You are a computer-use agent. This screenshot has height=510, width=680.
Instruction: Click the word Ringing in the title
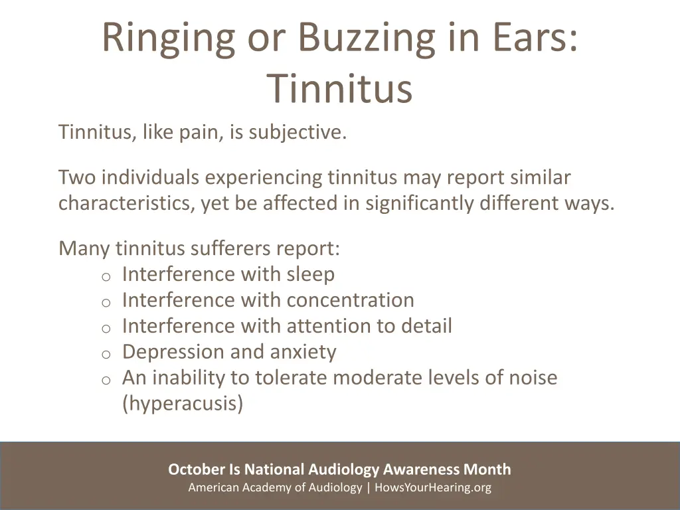point(167,38)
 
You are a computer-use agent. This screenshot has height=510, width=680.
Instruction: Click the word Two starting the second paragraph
point(77,178)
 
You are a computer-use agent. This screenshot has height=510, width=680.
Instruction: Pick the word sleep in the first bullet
point(311,274)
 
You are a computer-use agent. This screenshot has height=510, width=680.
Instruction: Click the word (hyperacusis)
point(183,404)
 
